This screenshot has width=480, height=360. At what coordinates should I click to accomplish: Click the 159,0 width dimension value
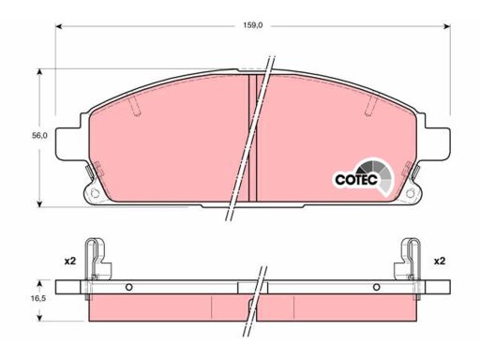pyautogui.click(x=253, y=26)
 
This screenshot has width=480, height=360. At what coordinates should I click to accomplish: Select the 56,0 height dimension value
pyautogui.click(x=39, y=136)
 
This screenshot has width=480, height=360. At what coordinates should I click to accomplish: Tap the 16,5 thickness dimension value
pyautogui.click(x=38, y=298)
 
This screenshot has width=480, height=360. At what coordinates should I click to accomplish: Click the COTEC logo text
pyautogui.click(x=356, y=180)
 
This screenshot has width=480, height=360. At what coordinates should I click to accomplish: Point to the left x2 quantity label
pyautogui.click(x=70, y=261)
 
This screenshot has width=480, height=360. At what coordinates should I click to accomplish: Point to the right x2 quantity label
pyautogui.click(x=440, y=261)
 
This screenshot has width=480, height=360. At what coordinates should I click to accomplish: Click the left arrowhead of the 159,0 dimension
pyautogui.click(x=59, y=26)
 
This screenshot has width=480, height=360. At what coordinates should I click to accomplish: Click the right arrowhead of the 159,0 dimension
pyautogui.click(x=447, y=26)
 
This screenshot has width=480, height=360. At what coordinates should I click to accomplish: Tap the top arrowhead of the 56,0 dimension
pyautogui.click(x=39, y=72)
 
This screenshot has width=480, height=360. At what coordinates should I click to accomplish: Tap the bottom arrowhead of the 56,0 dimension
pyautogui.click(x=39, y=203)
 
